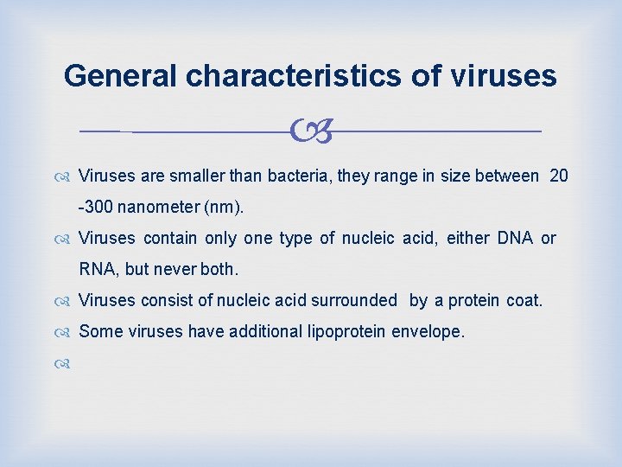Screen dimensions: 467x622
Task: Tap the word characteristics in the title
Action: click(292, 76)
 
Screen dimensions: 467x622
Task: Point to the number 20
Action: click(559, 176)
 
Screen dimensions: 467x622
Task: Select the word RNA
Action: click(98, 269)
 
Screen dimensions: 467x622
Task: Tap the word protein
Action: click(474, 300)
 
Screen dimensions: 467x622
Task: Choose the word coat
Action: click(524, 300)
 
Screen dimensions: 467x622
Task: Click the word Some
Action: click(98, 330)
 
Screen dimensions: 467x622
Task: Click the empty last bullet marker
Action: click(67, 362)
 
